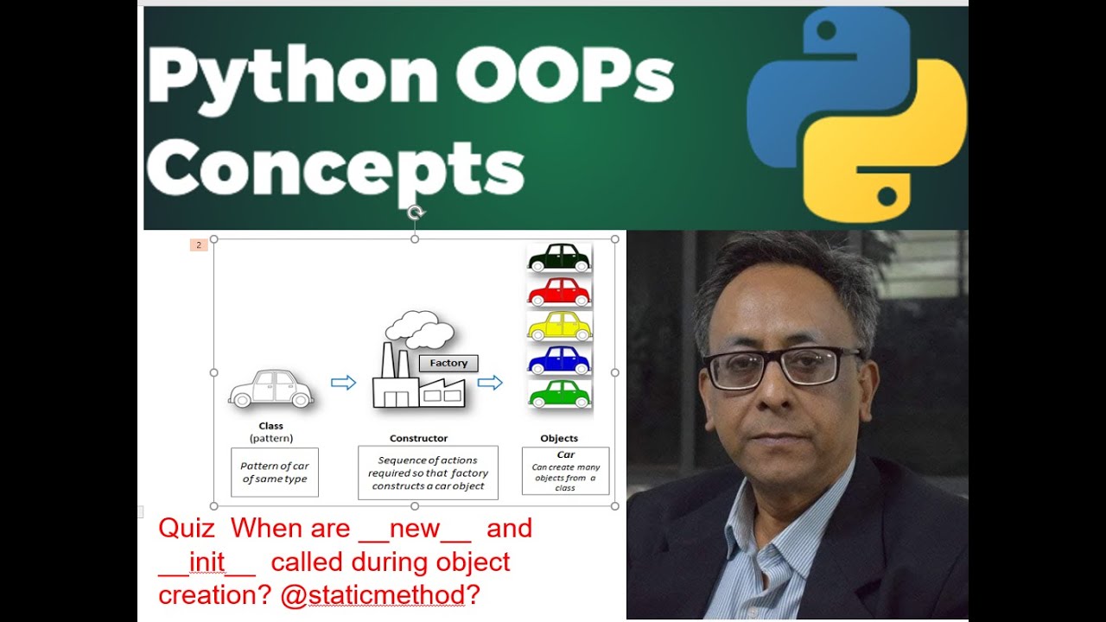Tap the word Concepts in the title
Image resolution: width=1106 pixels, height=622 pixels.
[336, 168]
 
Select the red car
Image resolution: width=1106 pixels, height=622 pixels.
[559, 292]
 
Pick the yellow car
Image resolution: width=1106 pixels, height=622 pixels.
[559, 326]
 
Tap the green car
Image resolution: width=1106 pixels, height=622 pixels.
[559, 394]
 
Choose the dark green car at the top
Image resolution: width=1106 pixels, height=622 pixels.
[559, 257]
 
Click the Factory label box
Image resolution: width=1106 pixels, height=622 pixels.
[448, 364]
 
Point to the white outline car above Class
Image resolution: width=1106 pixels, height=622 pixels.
[271, 389]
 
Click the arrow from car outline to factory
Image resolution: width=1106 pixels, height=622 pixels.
[343, 383]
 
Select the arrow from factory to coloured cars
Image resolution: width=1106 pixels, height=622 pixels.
[490, 383]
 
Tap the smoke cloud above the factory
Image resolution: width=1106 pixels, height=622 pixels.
[420, 329]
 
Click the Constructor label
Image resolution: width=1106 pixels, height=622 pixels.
[418, 439]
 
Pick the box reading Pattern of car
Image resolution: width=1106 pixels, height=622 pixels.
[275, 473]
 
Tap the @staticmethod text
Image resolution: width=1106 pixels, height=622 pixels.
[372, 596]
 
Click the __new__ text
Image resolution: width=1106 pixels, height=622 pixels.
[415, 529]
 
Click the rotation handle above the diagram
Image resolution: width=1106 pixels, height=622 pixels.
[415, 213]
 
